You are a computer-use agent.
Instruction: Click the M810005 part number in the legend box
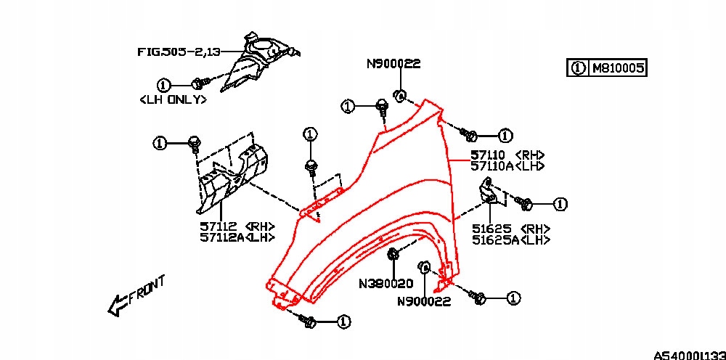619,68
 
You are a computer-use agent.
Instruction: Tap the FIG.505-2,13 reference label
179,52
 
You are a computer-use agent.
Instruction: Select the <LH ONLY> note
173,99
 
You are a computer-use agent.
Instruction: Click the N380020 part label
386,284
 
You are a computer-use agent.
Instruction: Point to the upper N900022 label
393,64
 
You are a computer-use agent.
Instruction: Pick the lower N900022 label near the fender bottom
424,300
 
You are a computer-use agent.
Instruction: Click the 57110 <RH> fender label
507,155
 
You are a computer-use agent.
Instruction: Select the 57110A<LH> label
507,166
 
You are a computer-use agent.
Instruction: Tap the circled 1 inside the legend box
579,68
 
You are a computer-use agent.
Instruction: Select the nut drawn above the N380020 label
393,255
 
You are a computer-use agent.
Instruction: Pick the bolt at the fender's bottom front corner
308,321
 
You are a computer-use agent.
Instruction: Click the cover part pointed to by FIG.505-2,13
254,65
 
